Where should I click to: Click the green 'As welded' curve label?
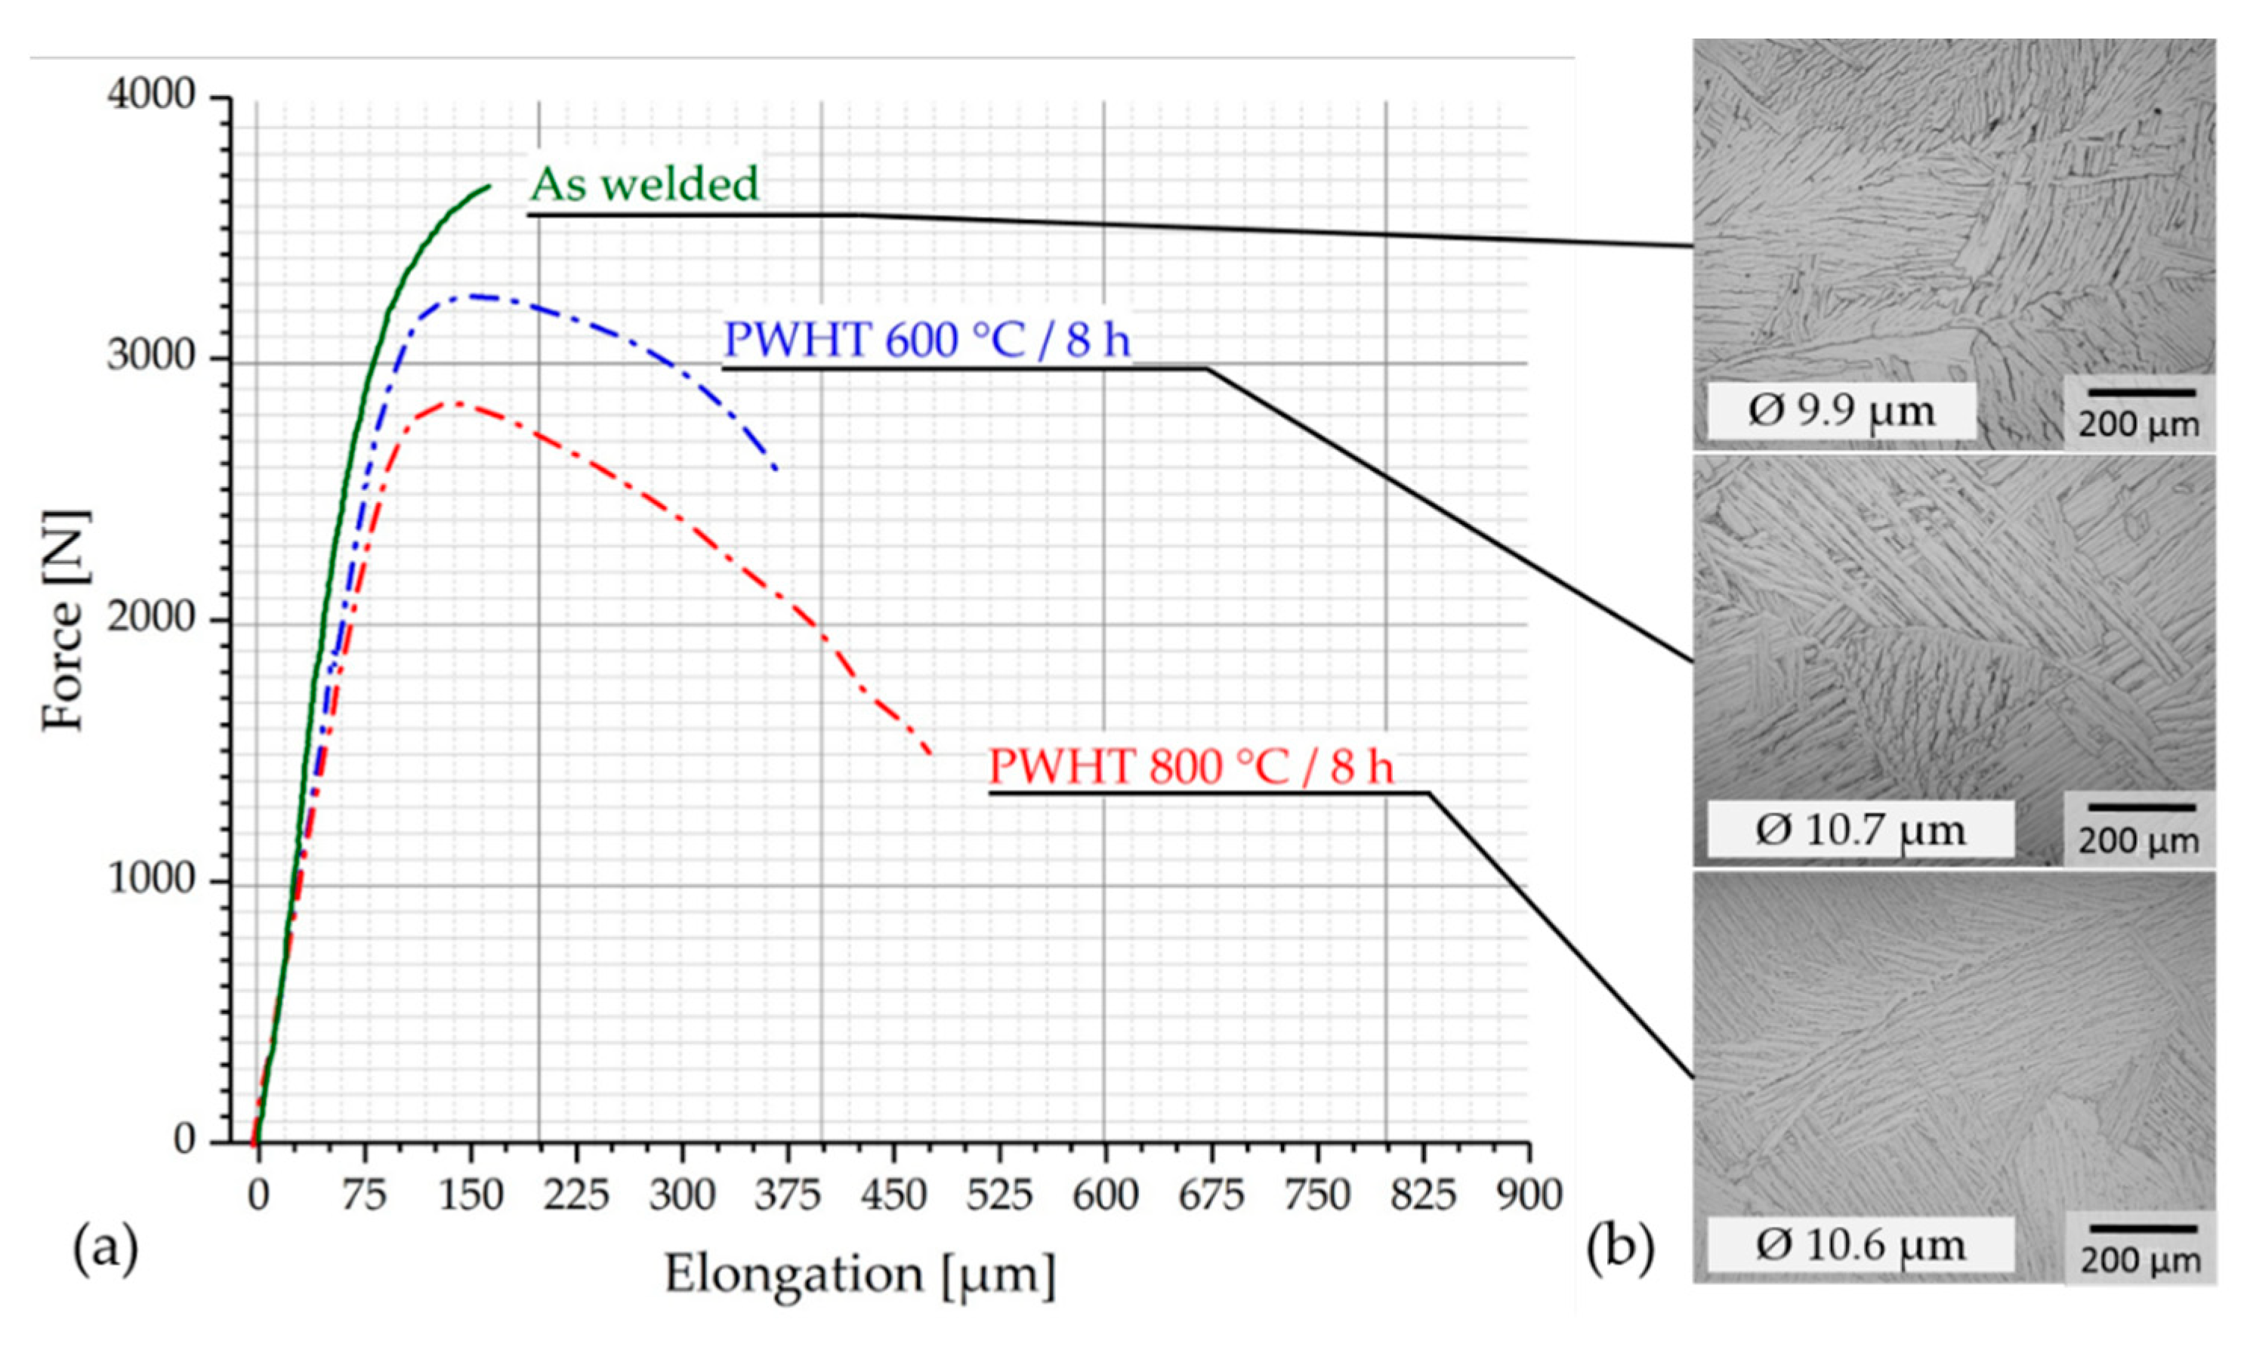click(644, 184)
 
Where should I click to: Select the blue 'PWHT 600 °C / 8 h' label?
click(926, 341)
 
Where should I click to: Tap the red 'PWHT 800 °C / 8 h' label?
click(1190, 768)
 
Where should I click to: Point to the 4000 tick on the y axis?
click(152, 95)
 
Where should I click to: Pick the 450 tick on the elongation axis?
click(894, 1195)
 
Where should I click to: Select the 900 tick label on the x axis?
click(1529, 1195)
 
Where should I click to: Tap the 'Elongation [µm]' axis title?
click(860, 1275)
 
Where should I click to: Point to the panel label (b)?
click(1621, 1247)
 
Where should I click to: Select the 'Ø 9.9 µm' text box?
click(1841, 411)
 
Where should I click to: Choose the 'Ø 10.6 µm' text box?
click(1860, 1244)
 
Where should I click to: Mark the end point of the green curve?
click(489, 186)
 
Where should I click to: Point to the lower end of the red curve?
click(930, 754)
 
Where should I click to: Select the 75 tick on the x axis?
click(364, 1195)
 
